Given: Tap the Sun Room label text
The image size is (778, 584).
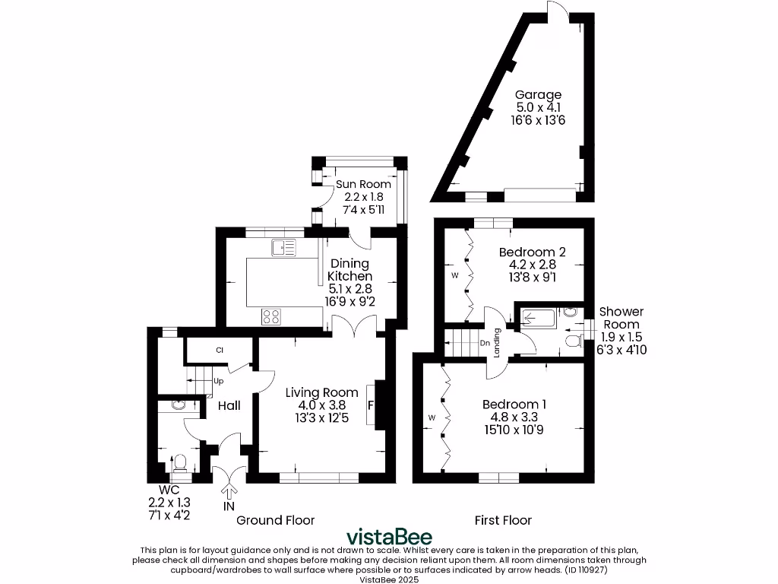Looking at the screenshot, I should point(364,184).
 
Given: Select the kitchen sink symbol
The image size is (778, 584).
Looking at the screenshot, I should point(283,246).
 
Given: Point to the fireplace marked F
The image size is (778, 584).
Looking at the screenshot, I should point(371,405).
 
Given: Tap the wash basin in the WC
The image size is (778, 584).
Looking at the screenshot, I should point(179,405).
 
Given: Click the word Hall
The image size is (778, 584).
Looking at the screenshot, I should point(229,406).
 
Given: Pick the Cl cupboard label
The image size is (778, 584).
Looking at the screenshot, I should point(219,351).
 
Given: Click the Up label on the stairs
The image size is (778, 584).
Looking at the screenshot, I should point(218,381).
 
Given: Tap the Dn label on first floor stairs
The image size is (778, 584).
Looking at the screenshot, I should point(485,343).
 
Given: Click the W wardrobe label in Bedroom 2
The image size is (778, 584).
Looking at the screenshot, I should point(455,275).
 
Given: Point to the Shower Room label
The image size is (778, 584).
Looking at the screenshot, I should point(621,318).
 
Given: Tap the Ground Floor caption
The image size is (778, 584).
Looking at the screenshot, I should point(275,520).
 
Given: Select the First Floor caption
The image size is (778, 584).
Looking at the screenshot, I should point(503,520).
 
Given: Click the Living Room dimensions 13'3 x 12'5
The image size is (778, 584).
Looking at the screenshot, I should point(322,417).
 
